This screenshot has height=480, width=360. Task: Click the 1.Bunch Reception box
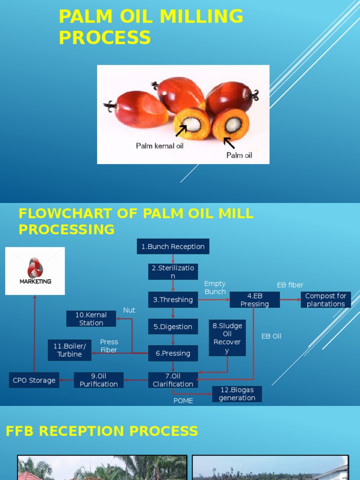pyautogui.click(x=173, y=247)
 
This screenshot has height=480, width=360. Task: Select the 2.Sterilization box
pyautogui.click(x=173, y=272)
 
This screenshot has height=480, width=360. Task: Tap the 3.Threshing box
pyautogui.click(x=173, y=300)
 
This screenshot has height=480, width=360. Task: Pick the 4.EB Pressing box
pyautogui.click(x=255, y=300)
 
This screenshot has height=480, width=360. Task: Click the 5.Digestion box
pyautogui.click(x=173, y=327)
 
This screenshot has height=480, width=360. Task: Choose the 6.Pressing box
pyautogui.click(x=173, y=353)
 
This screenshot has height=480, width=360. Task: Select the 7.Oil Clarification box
pyautogui.click(x=173, y=380)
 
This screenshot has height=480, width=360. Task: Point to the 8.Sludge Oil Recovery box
pyautogui.click(x=227, y=338)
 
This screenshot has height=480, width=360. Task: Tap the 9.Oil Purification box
pyautogui.click(x=98, y=380)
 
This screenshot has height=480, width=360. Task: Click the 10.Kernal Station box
pyautogui.click(x=91, y=319)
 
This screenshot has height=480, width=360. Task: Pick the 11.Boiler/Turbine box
pyautogui.click(x=69, y=350)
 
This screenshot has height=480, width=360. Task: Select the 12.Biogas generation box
pyautogui.click(x=237, y=394)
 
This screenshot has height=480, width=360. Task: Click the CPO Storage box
pyautogui.click(x=34, y=380)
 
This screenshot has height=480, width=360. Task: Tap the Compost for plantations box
pyautogui.click(x=326, y=300)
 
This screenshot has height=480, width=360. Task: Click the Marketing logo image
pyautogui.click(x=35, y=271)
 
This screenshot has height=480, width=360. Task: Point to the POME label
pyautogui.click(x=183, y=401)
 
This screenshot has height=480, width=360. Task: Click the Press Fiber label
pyautogui.click(x=109, y=346)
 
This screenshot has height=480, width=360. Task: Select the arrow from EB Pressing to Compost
pyautogui.click(x=290, y=300)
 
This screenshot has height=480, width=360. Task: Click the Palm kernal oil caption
pyautogui.click(x=160, y=146)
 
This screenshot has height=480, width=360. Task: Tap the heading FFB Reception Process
pyautogui.click(x=102, y=431)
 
